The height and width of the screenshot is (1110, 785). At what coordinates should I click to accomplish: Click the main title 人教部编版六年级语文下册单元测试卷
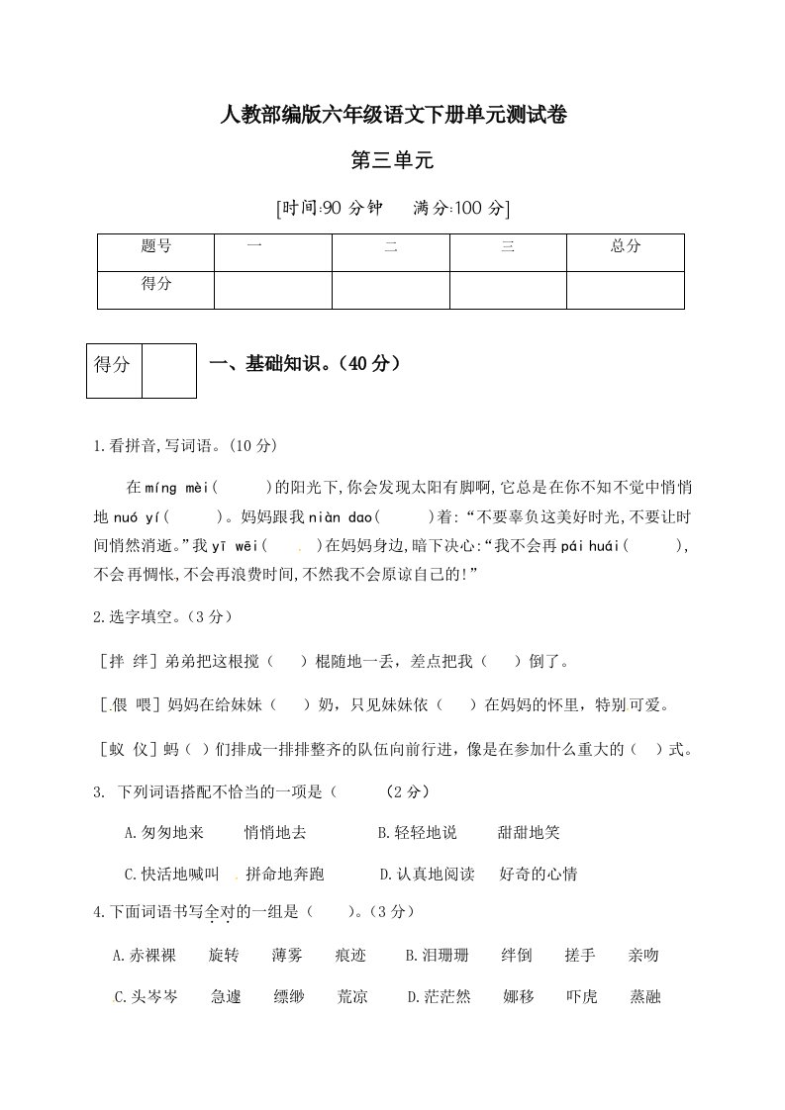392,116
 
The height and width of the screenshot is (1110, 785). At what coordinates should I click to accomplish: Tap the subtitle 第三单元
392,160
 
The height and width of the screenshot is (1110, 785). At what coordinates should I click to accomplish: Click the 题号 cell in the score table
156,247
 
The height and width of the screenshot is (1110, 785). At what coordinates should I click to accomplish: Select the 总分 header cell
626,247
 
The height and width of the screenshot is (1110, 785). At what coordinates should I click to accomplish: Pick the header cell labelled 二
390,247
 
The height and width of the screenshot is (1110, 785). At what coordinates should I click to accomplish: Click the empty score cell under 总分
626,291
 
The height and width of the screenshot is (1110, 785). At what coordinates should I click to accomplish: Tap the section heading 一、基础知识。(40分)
305,365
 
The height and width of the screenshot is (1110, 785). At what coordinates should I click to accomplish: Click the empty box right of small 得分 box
168,371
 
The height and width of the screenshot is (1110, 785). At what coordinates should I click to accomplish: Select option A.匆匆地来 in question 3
164,833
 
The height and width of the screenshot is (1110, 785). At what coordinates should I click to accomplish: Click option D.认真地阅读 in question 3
428,875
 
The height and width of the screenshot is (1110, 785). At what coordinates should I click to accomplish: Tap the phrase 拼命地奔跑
284,875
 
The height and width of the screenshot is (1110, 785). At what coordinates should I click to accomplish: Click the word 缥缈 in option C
289,997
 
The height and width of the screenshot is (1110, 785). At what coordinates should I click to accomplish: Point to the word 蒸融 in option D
644,997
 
